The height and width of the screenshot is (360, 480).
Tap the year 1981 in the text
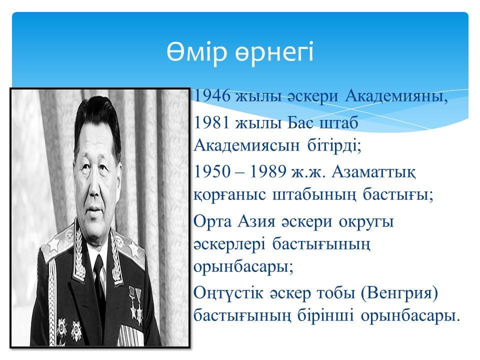(x=212, y=123)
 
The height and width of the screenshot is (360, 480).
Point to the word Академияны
(x=396, y=96)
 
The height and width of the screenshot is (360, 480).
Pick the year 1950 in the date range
(x=212, y=171)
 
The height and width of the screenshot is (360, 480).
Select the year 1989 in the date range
(x=268, y=171)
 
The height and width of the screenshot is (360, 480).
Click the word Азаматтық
(x=373, y=171)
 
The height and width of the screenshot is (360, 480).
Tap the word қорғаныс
(x=229, y=195)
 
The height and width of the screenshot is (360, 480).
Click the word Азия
(x=257, y=221)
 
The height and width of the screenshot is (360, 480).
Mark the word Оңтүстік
(x=228, y=293)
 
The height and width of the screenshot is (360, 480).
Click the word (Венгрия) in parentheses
(x=399, y=293)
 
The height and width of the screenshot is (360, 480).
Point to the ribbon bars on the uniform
(x=130, y=335)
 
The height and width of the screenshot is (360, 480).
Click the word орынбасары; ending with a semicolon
(x=243, y=267)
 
